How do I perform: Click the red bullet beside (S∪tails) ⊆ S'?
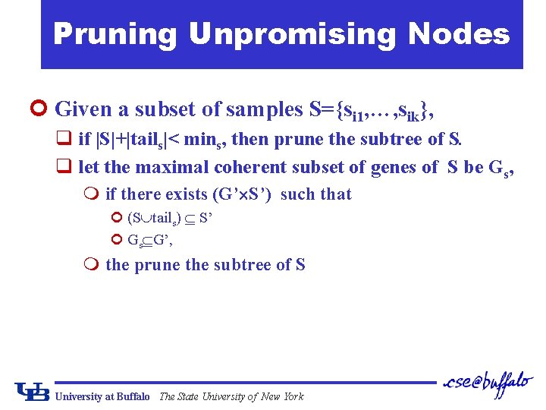[117, 217]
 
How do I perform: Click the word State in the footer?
[190, 396]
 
